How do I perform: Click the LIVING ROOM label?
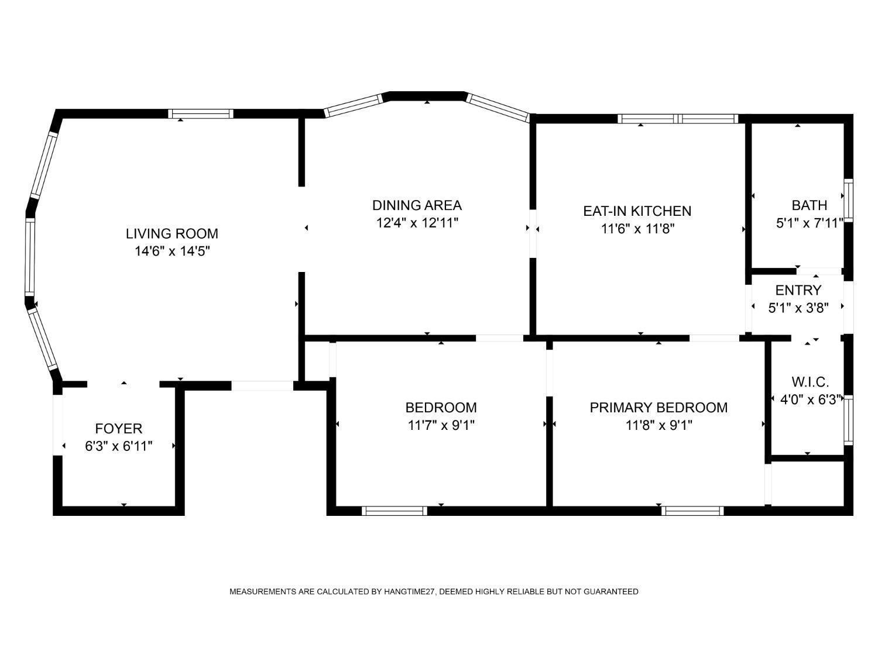(x=172, y=234)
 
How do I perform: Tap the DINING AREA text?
(x=417, y=205)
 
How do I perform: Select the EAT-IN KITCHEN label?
(x=637, y=211)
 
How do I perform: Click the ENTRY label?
(x=798, y=290)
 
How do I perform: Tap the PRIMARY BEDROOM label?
(x=659, y=408)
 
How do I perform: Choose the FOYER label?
(x=119, y=429)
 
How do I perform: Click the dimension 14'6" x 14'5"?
(x=173, y=252)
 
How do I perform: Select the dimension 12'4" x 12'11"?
(x=417, y=223)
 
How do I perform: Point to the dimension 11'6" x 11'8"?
(x=637, y=229)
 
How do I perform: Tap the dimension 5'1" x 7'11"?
(x=810, y=223)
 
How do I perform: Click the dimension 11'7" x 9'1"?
(x=441, y=425)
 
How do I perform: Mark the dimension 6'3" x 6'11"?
(x=119, y=446)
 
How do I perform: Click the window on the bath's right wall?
(x=848, y=201)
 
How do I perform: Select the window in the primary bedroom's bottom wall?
(x=692, y=511)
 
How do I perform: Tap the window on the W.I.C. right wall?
(x=848, y=420)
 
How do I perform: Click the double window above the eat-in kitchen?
(x=678, y=119)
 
